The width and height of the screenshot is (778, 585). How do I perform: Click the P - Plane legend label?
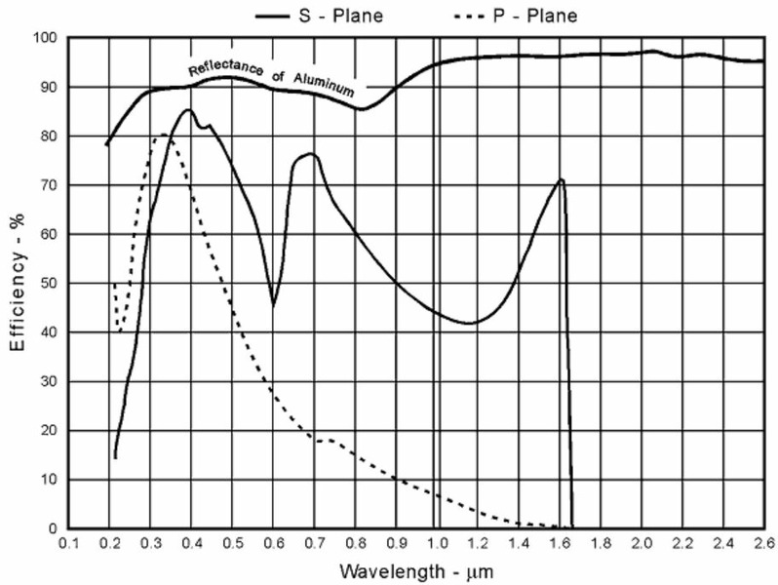pyautogui.click(x=536, y=16)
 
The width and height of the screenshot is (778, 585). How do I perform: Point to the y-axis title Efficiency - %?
pyautogui.click(x=17, y=283)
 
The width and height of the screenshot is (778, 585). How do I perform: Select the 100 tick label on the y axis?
pyautogui.click(x=47, y=38)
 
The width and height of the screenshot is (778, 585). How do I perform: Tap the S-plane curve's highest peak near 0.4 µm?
pyautogui.click(x=188, y=110)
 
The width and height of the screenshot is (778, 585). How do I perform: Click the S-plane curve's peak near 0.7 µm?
pyautogui.click(x=311, y=154)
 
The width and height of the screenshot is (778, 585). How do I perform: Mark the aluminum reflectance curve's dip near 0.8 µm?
pyautogui.click(x=361, y=108)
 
